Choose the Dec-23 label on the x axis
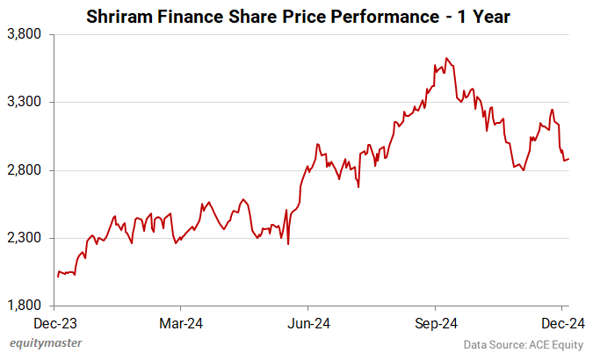pos(54,322)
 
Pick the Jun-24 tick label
pos(308,322)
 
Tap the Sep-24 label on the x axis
pos(436,322)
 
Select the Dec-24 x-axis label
pos(558,322)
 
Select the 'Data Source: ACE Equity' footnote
pos(524,344)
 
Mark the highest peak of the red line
pos(446,58)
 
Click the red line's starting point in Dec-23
pos(57,277)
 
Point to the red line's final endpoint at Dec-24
pos(568,159)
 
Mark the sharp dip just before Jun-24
pos(289,243)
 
